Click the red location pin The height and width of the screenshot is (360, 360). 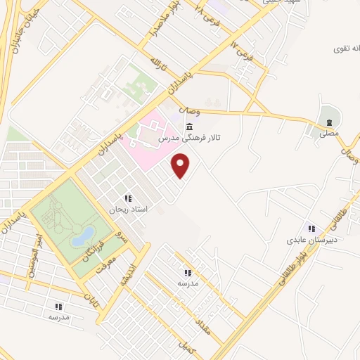(181, 166)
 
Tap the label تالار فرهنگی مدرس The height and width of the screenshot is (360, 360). (190, 139)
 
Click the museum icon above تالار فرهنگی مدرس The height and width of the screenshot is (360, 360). (190, 126)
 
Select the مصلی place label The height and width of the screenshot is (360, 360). (329, 132)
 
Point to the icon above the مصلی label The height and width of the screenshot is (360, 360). (329, 120)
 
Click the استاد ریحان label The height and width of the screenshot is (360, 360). (127, 210)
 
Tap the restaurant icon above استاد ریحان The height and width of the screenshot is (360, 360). (127, 198)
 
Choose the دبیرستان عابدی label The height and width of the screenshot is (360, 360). (311, 240)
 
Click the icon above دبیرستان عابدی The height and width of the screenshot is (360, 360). (311, 228)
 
